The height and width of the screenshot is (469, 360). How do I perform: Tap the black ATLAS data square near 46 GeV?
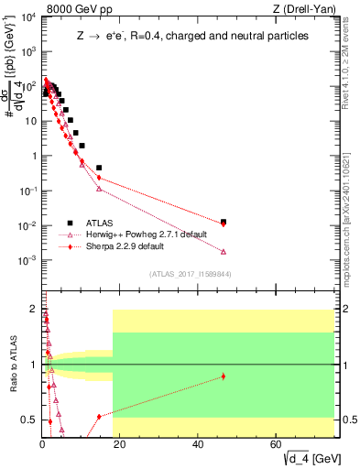pos(224,221)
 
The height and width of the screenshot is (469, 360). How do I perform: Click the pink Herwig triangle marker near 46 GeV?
pos(224,251)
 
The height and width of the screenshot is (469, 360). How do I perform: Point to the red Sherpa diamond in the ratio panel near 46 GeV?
pos(224,376)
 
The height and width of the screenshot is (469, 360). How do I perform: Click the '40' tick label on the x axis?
pos(199,445)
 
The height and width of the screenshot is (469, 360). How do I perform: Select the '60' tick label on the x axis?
pos(277,445)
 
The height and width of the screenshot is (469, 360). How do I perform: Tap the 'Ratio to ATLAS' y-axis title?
pos(12,365)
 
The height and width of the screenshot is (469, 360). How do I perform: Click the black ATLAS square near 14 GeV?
pos(99,168)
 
